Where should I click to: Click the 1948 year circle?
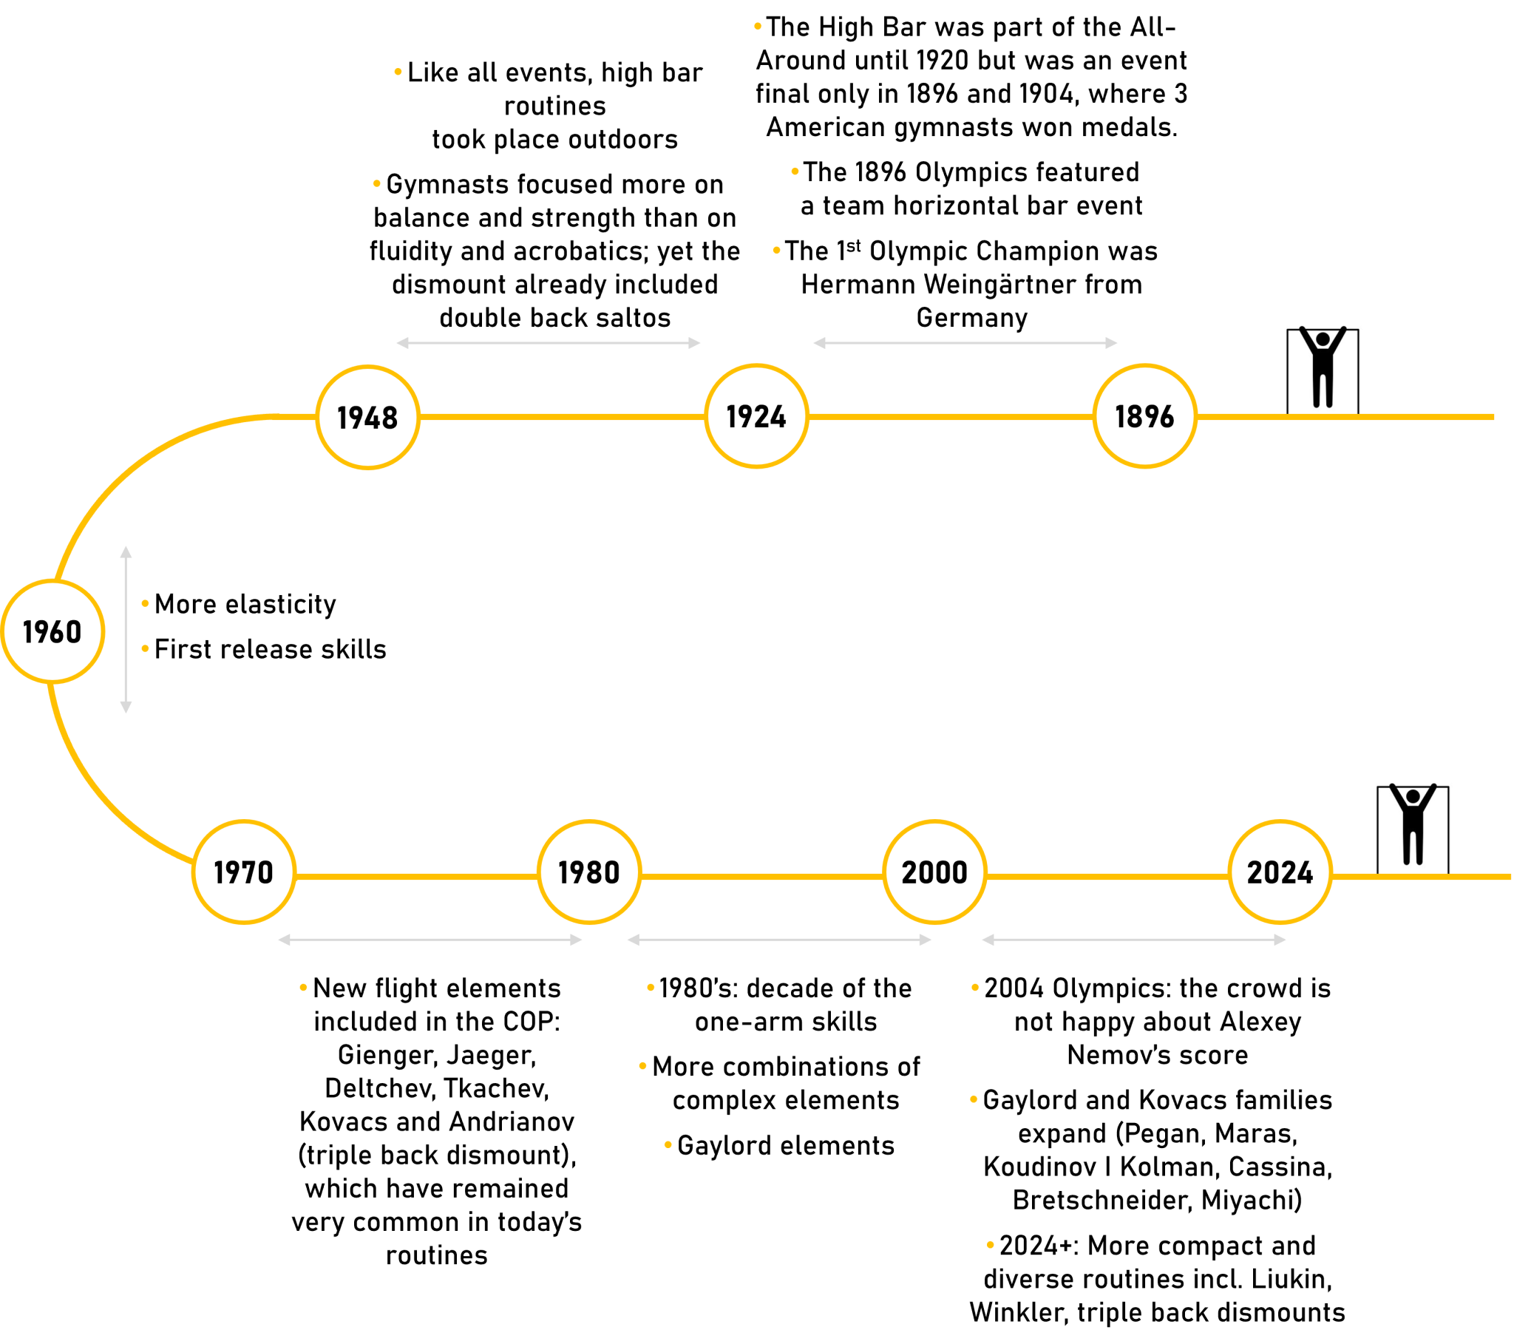[x=368, y=417]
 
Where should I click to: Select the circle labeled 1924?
[x=756, y=416]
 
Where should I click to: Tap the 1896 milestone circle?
[x=1144, y=416]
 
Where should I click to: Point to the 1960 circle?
[x=52, y=631]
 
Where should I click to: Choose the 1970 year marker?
[x=244, y=872]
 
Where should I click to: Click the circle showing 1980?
[x=589, y=872]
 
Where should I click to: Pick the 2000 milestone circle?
[x=934, y=872]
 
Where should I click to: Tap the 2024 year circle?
[x=1280, y=872]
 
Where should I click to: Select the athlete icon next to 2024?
[x=1412, y=825]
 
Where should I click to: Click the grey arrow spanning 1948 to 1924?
[x=548, y=343]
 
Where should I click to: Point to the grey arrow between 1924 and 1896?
[x=965, y=343]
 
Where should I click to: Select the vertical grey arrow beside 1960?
[x=126, y=630]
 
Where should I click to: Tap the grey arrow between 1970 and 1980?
[x=430, y=940]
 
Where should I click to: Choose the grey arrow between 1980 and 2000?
[x=779, y=940]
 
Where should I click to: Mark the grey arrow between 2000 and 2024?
[x=1134, y=940]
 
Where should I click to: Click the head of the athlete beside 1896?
[x=1323, y=339]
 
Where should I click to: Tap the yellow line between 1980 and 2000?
[x=761, y=877]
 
